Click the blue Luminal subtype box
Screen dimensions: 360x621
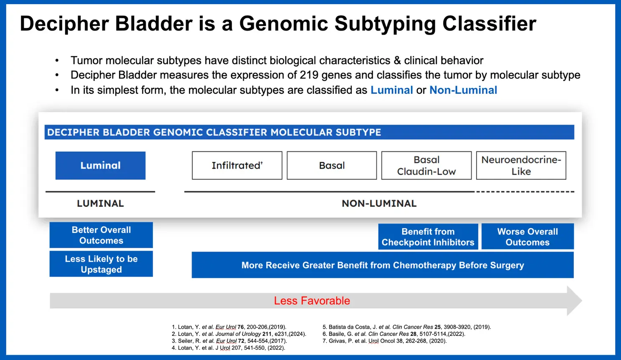pos(100,166)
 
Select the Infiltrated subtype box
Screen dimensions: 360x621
pos(237,166)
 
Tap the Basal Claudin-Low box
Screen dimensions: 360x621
pos(426,166)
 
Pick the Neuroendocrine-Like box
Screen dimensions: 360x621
pos(521,166)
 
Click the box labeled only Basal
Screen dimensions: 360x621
pos(332,166)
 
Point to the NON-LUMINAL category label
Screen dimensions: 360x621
pos(379,204)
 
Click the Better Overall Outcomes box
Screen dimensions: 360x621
pos(101,235)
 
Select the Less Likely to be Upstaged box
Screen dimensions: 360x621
pos(101,264)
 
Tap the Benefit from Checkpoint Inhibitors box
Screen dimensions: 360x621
pos(428,237)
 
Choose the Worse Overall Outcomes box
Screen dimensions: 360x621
pos(528,237)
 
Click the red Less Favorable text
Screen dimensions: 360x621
pos(312,301)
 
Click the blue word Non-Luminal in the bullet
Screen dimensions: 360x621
pos(463,90)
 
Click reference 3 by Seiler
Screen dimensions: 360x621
pos(230,341)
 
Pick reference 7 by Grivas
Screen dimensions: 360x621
pos(384,341)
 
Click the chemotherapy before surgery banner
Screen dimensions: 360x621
pos(382,265)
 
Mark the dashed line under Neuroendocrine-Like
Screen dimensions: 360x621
pos(525,192)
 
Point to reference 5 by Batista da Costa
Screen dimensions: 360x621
pos(406,327)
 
